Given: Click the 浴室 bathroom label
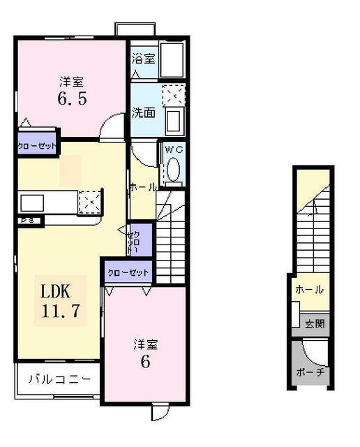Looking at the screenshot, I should (144, 59).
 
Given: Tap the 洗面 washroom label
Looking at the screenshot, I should (144, 113).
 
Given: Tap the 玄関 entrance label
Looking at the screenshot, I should (314, 323).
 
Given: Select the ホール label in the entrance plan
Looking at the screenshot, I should (309, 289).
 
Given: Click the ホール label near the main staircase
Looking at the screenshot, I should (142, 187).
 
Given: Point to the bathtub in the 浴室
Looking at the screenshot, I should (172, 59).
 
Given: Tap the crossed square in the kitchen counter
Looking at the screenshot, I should (89, 203).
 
